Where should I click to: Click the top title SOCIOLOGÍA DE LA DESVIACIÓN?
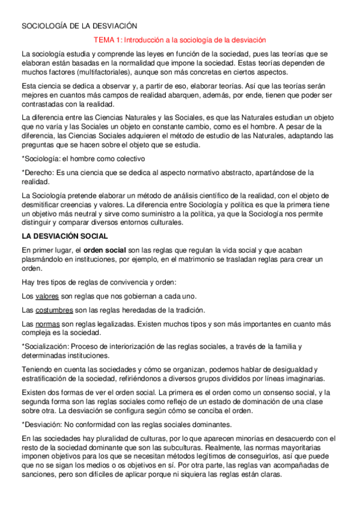(79, 26)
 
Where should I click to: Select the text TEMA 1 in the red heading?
(109, 40)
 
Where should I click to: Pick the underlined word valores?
(47, 296)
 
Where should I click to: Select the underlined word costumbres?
(54, 310)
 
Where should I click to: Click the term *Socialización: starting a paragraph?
(44, 346)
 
